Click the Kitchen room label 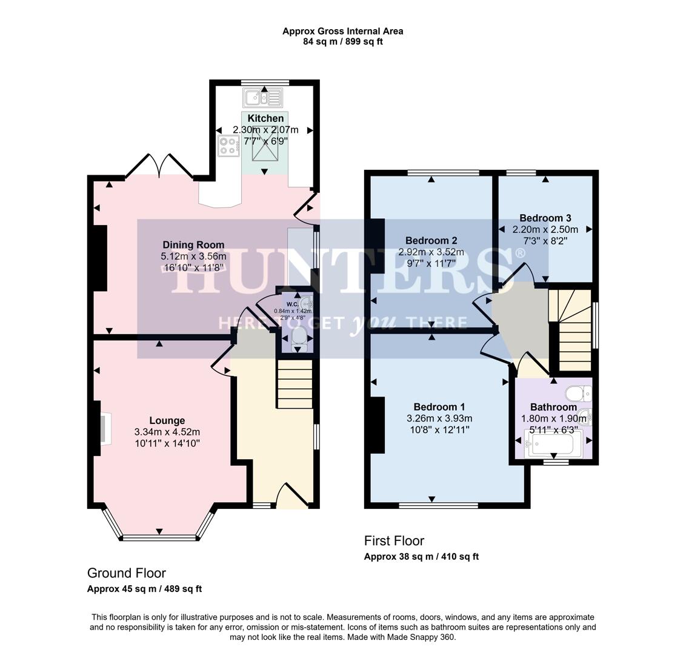(265, 118)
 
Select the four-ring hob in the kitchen (228, 146)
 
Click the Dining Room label (193, 245)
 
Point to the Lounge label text (167, 420)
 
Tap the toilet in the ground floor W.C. (299, 337)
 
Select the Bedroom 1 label (439, 406)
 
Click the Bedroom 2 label (431, 240)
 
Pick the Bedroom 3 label (545, 218)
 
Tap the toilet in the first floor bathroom (578, 394)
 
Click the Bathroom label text (553, 407)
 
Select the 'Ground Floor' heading (126, 573)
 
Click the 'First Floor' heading (394, 540)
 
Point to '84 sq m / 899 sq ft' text (342, 42)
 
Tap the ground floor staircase (295, 384)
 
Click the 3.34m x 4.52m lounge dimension (167, 432)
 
